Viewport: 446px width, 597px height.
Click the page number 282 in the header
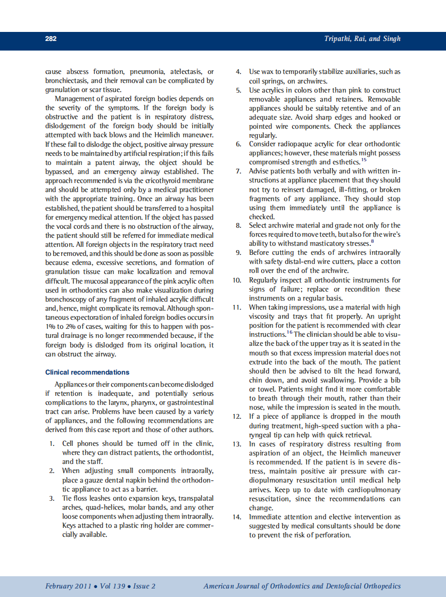pyautogui.click(x=51, y=39)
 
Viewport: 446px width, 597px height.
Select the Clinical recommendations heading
pyautogui.click(x=87, y=372)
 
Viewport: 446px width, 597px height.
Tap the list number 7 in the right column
pyautogui.click(x=238, y=171)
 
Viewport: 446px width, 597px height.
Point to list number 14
pyautogui.click(x=237, y=517)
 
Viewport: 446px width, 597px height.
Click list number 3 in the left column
pyautogui.click(x=52, y=499)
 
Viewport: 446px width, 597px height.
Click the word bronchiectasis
pyautogui.click(x=67, y=80)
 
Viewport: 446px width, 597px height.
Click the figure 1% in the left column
pyautogui.click(x=51, y=327)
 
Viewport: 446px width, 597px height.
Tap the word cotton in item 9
pyautogui.click(x=390, y=261)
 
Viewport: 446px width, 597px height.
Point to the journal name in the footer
pyautogui.click(x=302, y=586)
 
